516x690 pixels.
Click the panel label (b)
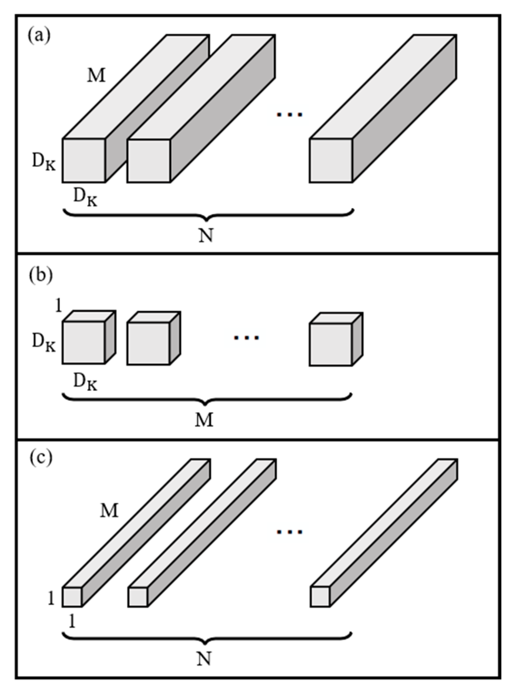pos(41,276)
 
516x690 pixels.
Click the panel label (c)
pos(40,458)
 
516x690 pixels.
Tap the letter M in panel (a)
pos(96,76)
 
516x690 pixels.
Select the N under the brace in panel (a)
pos(206,236)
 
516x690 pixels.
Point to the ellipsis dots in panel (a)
pos(290,114)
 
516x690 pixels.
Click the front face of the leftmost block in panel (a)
pos(84,160)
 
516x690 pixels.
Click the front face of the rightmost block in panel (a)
pos(331,160)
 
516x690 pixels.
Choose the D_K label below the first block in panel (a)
pos(85,197)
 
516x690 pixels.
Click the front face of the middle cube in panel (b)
pos(149,343)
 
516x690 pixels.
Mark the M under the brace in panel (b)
pos(204,420)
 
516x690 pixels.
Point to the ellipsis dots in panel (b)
pos(246,337)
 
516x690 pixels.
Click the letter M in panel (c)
pos(109,511)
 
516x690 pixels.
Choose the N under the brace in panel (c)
pos(204,659)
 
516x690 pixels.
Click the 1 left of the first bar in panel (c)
pos(51,598)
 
